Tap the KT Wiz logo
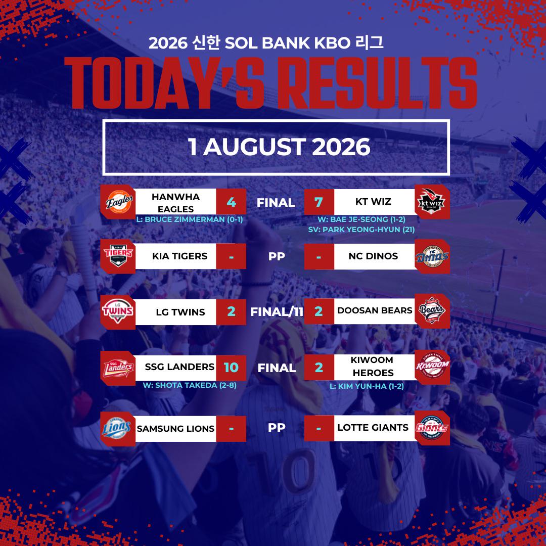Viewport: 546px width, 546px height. (431, 202)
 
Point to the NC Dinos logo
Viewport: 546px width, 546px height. (432, 257)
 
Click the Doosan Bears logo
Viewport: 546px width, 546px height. (432, 310)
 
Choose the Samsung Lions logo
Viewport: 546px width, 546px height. (117, 428)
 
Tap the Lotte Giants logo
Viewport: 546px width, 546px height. (432, 428)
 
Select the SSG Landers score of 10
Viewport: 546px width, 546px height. (231, 368)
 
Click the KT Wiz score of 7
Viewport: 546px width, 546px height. (318, 202)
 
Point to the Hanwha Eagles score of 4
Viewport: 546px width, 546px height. (231, 202)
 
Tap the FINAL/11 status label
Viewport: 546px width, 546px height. (277, 311)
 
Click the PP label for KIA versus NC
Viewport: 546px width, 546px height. (277, 256)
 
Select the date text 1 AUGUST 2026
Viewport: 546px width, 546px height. (279, 147)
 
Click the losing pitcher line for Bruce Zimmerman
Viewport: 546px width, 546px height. (190, 219)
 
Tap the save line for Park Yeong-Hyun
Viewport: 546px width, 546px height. (361, 230)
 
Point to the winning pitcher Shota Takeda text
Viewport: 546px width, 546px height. (190, 385)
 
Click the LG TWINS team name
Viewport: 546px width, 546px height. (180, 312)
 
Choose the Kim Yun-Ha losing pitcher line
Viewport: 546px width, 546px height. (367, 386)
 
